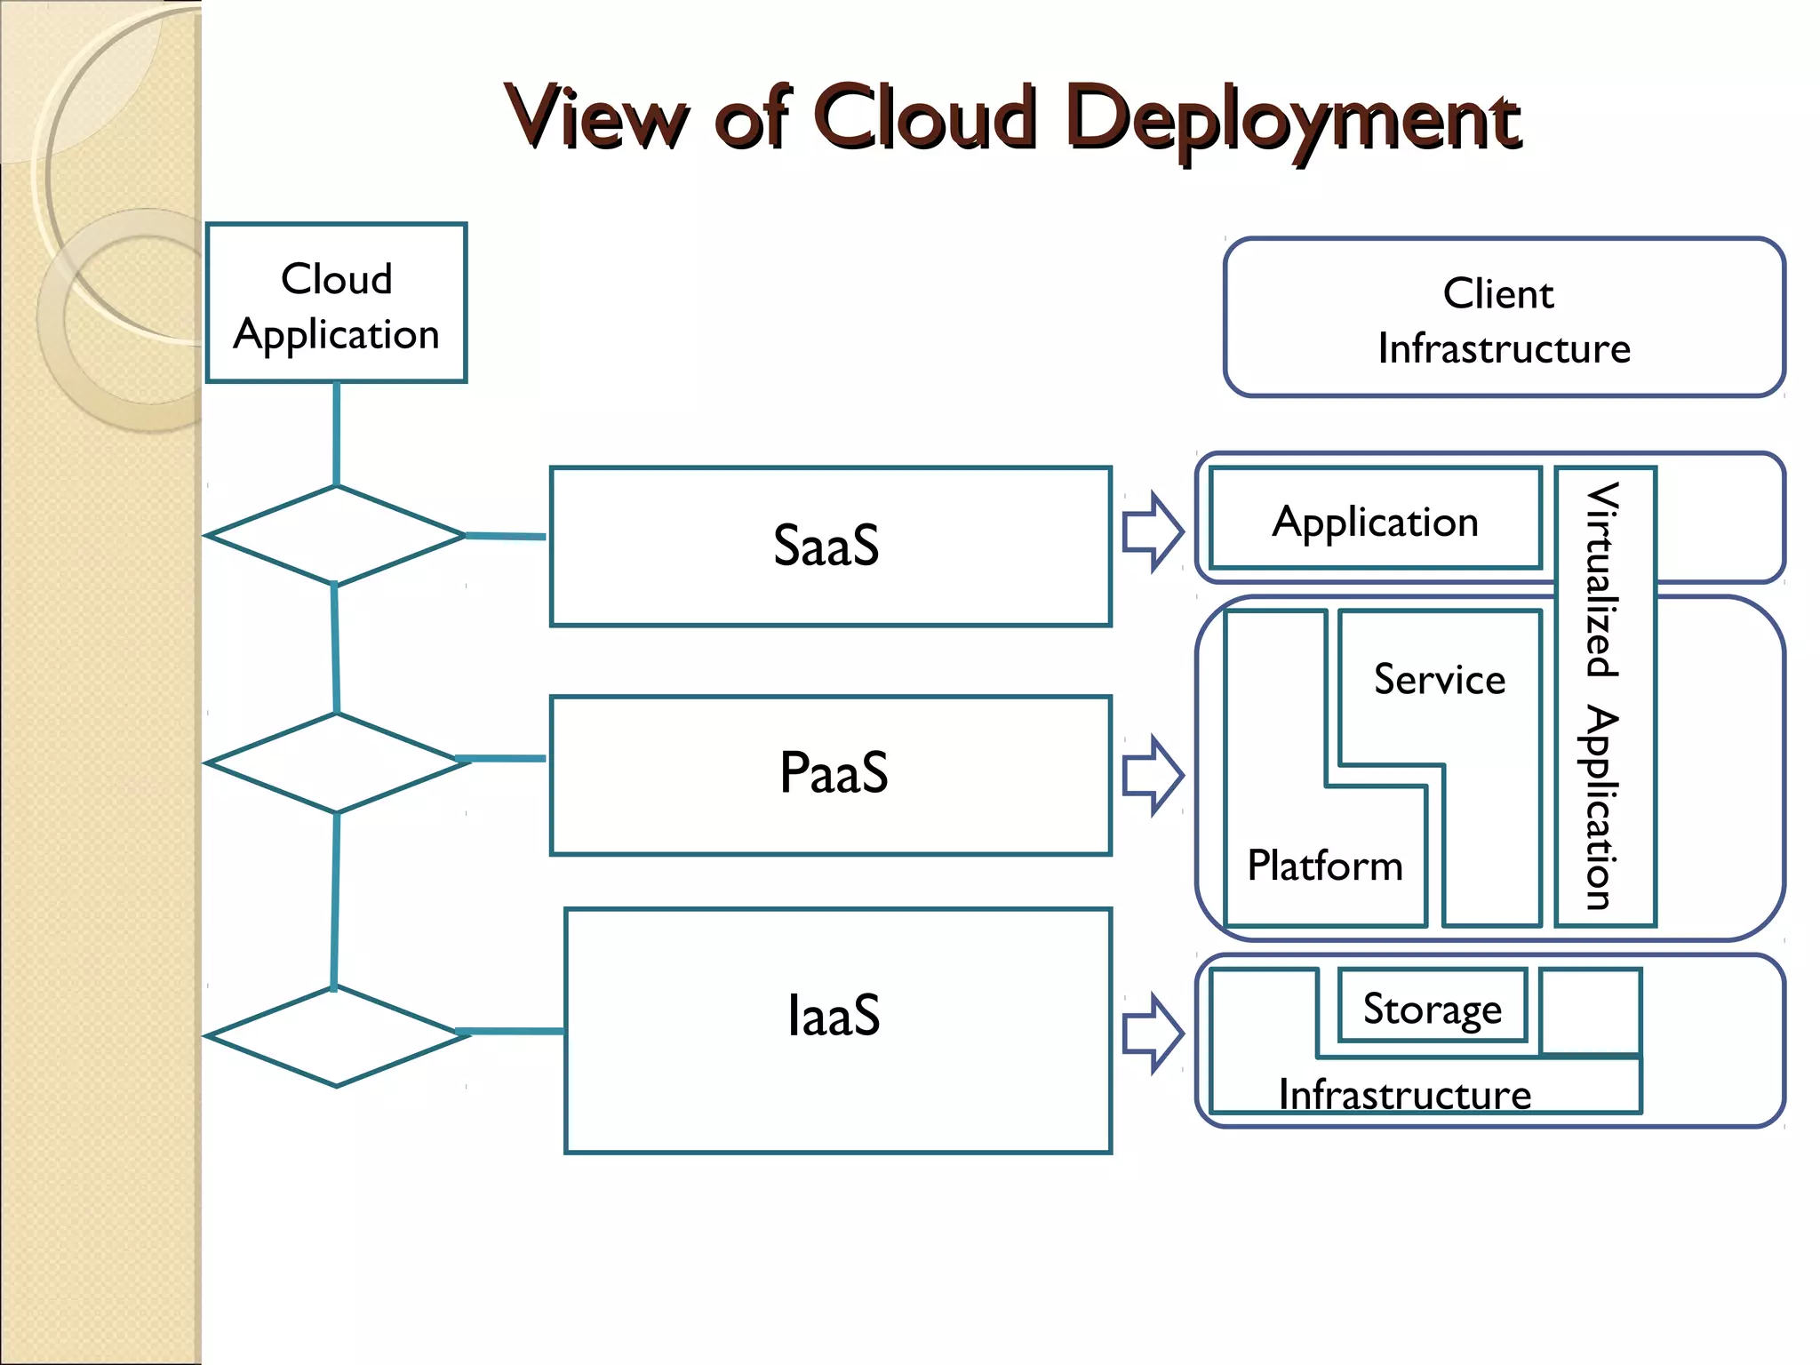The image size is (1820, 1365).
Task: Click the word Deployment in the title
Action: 1293,120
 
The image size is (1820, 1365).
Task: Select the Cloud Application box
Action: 336,304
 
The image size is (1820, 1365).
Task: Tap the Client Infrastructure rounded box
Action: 1504,318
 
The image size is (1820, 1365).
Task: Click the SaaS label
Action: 826,545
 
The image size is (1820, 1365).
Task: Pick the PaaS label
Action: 833,772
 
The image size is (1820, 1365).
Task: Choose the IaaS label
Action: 834,1016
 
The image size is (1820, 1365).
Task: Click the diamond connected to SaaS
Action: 335,535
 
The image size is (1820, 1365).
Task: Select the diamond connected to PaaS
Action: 336,762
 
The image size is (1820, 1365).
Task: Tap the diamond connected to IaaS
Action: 336,1036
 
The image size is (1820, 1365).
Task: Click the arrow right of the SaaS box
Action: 1153,531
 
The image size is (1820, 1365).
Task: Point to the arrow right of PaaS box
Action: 1153,775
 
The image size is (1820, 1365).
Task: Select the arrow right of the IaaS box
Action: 1153,1034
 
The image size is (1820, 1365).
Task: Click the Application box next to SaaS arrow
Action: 1375,520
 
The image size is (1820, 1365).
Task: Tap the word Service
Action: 1440,680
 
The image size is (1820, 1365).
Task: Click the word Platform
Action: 1324,866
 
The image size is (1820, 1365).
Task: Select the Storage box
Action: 1433,1008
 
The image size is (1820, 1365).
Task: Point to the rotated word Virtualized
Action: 1604,579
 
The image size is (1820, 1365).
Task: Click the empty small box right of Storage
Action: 1590,1011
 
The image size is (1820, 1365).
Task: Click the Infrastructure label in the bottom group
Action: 1404,1094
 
